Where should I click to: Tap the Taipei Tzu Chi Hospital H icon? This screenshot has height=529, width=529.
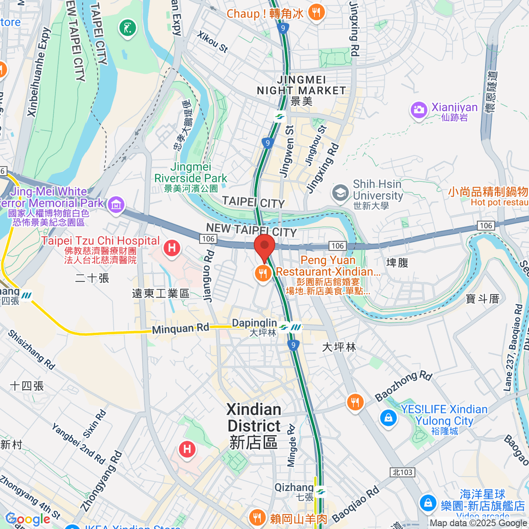point(172,248)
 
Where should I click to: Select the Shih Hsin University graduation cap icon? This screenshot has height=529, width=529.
point(340,193)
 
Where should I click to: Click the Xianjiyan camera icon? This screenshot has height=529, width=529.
point(419,110)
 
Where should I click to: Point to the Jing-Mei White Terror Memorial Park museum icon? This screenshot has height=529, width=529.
point(116,204)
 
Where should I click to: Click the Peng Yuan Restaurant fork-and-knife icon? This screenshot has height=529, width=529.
point(263,274)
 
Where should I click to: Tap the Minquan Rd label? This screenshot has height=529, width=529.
point(180,329)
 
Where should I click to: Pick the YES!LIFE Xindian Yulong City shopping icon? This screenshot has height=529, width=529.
point(388,417)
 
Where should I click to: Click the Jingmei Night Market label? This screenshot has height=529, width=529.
point(302,86)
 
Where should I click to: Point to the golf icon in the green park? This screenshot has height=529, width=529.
point(127,29)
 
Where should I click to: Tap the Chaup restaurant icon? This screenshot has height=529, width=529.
point(316,13)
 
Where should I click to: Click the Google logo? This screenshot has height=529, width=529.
point(28,519)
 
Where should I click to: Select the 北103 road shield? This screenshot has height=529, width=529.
point(402,472)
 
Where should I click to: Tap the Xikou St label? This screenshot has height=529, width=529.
point(212,42)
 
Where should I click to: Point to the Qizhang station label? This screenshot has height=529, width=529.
point(294,488)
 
